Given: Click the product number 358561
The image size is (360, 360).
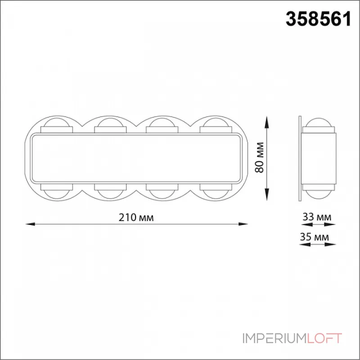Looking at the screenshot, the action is pos(318,19).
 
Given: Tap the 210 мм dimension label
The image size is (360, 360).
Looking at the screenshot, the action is pos(136,217).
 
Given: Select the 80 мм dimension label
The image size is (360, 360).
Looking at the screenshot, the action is pos(260,157).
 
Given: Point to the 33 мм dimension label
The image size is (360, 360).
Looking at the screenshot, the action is pos(317,217).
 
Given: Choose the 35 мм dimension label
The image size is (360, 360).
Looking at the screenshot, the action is pos(314,237).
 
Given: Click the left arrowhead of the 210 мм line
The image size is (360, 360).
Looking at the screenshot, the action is pos(30,224).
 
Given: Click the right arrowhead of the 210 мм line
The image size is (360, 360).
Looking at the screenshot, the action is pos(243,224).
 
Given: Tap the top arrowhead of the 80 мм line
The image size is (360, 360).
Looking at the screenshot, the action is pos(266,121).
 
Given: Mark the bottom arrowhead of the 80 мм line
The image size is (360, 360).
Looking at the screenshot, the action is pos(266,194).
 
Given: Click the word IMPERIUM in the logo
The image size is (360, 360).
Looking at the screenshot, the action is pos(274,338).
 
